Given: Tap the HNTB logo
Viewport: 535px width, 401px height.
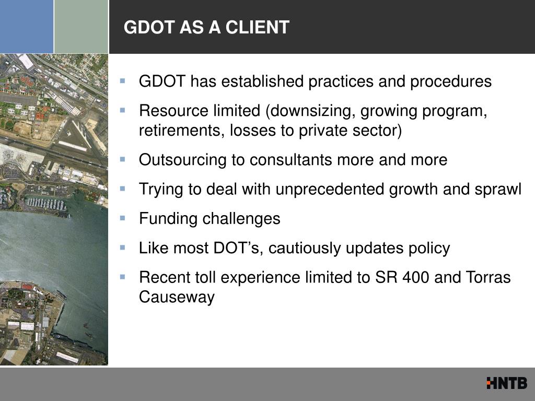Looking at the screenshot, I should tap(506, 383).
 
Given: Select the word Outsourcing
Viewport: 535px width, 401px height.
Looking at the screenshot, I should tap(177, 160).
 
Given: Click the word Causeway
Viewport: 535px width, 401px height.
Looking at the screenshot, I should tap(177, 297).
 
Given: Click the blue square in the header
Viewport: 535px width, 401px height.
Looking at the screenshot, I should tap(27, 27).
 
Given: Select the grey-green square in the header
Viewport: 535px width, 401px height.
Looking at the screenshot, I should tap(81, 27).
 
